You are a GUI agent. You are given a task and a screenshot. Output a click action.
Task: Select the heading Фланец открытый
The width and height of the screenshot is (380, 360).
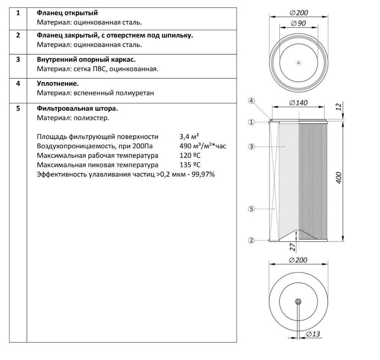(67, 13)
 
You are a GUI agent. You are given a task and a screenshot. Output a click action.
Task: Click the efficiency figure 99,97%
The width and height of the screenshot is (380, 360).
(202, 174)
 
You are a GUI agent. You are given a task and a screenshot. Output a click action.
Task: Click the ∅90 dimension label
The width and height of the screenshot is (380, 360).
(299, 23)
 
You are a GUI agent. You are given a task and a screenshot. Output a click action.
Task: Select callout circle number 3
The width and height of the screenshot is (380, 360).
(252, 147)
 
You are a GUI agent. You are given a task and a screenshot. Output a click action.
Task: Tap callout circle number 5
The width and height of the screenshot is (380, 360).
(252, 209)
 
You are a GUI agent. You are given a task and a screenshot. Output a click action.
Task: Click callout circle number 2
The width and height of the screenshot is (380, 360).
(252, 240)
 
